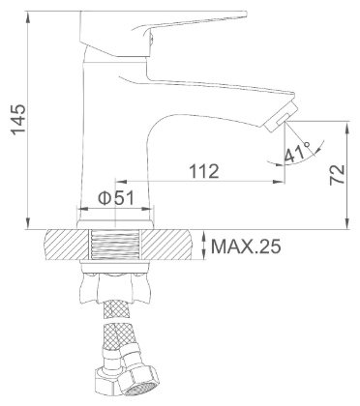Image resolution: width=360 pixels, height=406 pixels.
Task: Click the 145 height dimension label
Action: [18, 119]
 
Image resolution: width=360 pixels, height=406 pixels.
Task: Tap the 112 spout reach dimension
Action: [204, 171]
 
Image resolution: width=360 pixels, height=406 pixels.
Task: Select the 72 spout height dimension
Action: [338, 175]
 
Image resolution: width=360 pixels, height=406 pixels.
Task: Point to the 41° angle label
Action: [297, 152]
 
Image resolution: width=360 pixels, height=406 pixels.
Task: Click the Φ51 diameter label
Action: [115, 198]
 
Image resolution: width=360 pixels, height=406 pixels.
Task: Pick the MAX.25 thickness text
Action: [246, 246]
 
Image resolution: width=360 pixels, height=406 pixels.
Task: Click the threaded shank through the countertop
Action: [115, 245]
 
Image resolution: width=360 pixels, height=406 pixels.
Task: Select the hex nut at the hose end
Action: [137, 384]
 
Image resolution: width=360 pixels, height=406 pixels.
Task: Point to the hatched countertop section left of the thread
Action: [67, 245]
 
